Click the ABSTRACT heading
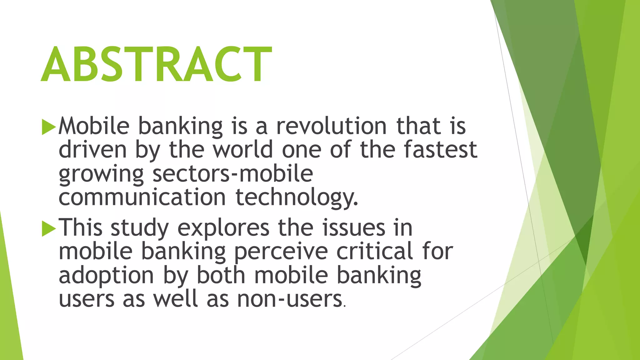tap(156, 64)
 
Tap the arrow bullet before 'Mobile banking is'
tap(48, 127)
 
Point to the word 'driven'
tap(92, 150)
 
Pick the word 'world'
tap(243, 150)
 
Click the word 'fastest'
tap(441, 150)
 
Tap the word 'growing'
tap(101, 174)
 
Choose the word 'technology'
tap(296, 198)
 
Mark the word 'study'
tap(140, 228)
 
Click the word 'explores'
tap(223, 228)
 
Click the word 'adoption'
tap(106, 276)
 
